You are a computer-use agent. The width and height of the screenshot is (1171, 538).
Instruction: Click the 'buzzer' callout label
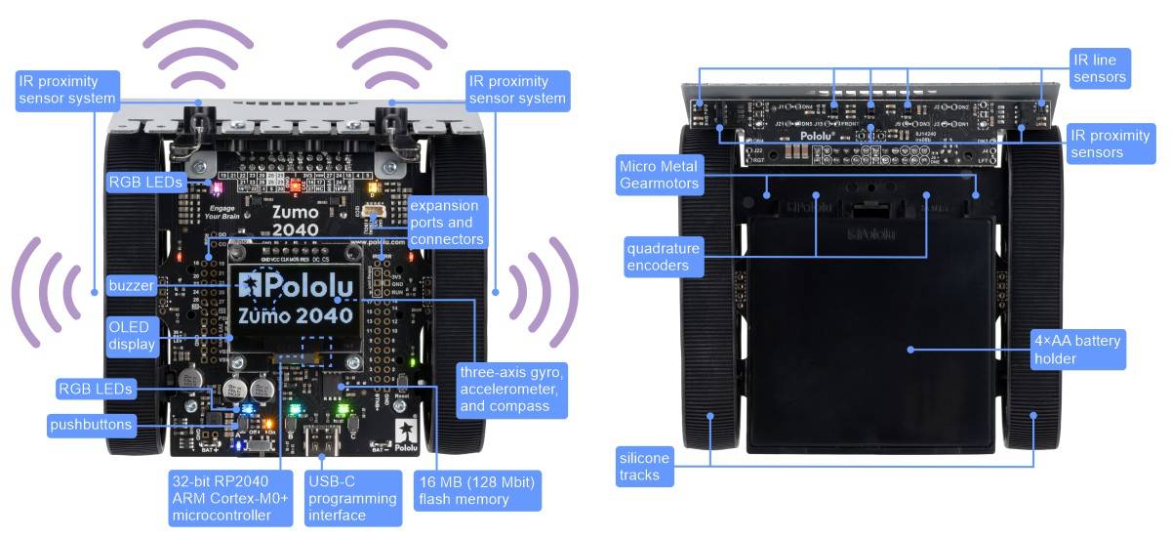pyautogui.click(x=131, y=285)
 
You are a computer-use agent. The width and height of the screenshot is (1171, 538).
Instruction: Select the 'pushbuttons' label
pyautogui.click(x=90, y=425)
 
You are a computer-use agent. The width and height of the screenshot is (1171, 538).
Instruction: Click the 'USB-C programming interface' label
pyautogui.click(x=350, y=498)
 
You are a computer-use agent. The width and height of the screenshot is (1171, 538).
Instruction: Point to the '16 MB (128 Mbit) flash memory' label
pyautogui.click(x=477, y=490)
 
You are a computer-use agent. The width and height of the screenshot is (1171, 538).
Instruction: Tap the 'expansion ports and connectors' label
pyautogui.click(x=445, y=222)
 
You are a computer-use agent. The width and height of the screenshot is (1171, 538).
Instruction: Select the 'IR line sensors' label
pyautogui.click(x=1099, y=68)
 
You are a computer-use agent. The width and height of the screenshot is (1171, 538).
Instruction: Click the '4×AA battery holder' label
pyautogui.click(x=1077, y=350)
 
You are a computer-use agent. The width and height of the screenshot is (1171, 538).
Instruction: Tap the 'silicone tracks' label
pyautogui.click(x=644, y=467)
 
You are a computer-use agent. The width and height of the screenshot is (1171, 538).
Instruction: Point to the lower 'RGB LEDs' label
pyautogui.click(x=95, y=389)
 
